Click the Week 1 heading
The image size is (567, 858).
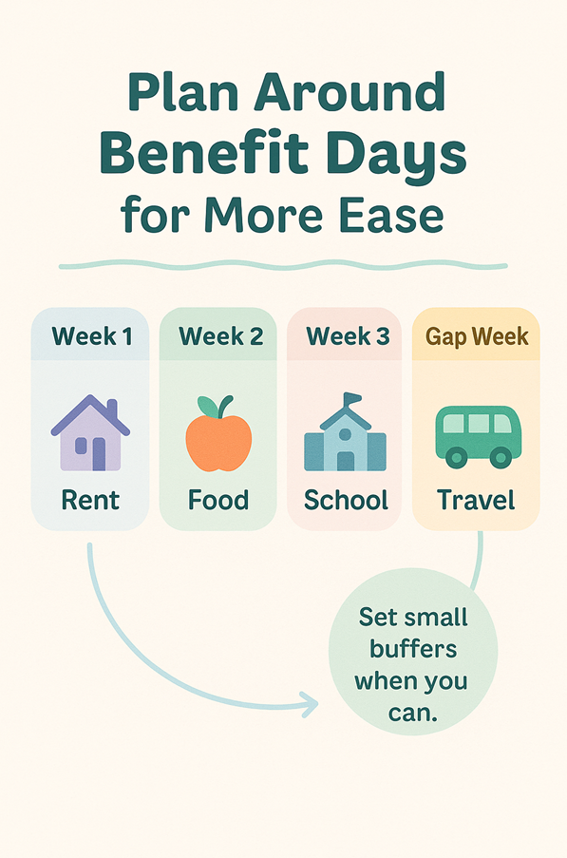click(x=92, y=336)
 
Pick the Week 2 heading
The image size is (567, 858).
click(x=221, y=336)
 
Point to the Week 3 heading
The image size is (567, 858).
click(x=349, y=336)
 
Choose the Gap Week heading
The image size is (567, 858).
click(x=477, y=337)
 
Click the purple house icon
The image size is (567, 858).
click(x=90, y=432)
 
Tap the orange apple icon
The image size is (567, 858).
click(x=218, y=434)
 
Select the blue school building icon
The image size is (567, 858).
click(x=345, y=431)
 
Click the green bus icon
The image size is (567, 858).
click(x=478, y=437)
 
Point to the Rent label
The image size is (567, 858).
click(x=90, y=500)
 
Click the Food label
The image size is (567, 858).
click(x=218, y=500)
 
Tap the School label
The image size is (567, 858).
click(x=346, y=500)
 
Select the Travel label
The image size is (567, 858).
click(x=476, y=500)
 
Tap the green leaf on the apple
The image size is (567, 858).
click(x=207, y=406)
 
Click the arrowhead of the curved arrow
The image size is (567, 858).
click(x=310, y=704)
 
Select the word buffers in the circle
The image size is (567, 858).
click(x=413, y=650)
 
